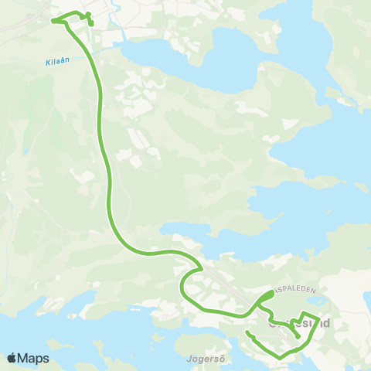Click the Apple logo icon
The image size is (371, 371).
(x=12, y=359)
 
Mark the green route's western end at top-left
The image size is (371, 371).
(x=52, y=21)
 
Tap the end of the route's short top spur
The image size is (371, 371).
(x=91, y=25)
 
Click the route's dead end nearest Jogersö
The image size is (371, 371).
(x=247, y=332)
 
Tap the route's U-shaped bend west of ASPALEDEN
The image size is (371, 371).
(x=182, y=288)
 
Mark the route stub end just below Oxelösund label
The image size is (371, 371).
(x=298, y=337)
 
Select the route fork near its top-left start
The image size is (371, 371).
(x=65, y=22)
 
